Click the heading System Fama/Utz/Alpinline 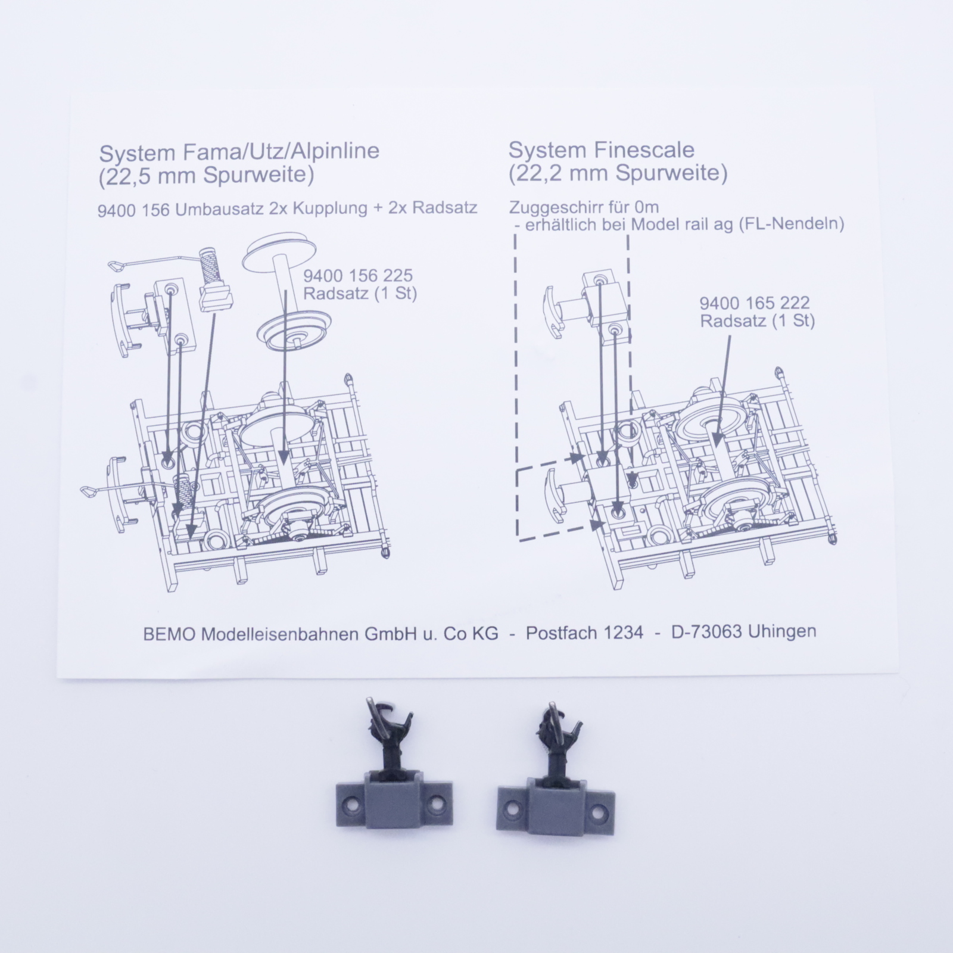coord(239,152)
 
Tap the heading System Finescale coord(601,150)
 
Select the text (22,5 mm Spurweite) coord(206,176)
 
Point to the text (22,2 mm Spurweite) coord(618,173)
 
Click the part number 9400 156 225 coord(358,276)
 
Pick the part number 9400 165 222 coord(755,303)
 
